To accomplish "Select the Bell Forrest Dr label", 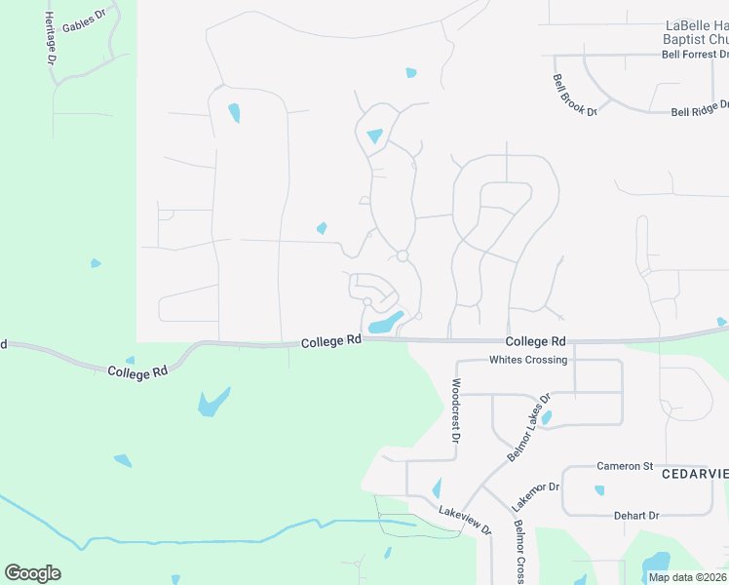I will (695, 55).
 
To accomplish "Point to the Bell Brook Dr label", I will (574, 96).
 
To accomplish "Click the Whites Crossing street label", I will (527, 360).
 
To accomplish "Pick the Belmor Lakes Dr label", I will (529, 428).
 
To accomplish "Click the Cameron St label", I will (625, 466).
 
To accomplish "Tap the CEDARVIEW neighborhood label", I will (695, 474).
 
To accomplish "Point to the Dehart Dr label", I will (636, 515).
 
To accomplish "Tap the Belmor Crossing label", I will (518, 552).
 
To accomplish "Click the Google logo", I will (32, 572).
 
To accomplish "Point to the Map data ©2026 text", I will (686, 577).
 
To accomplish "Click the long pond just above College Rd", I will (387, 323).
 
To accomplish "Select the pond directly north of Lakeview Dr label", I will (436, 487).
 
